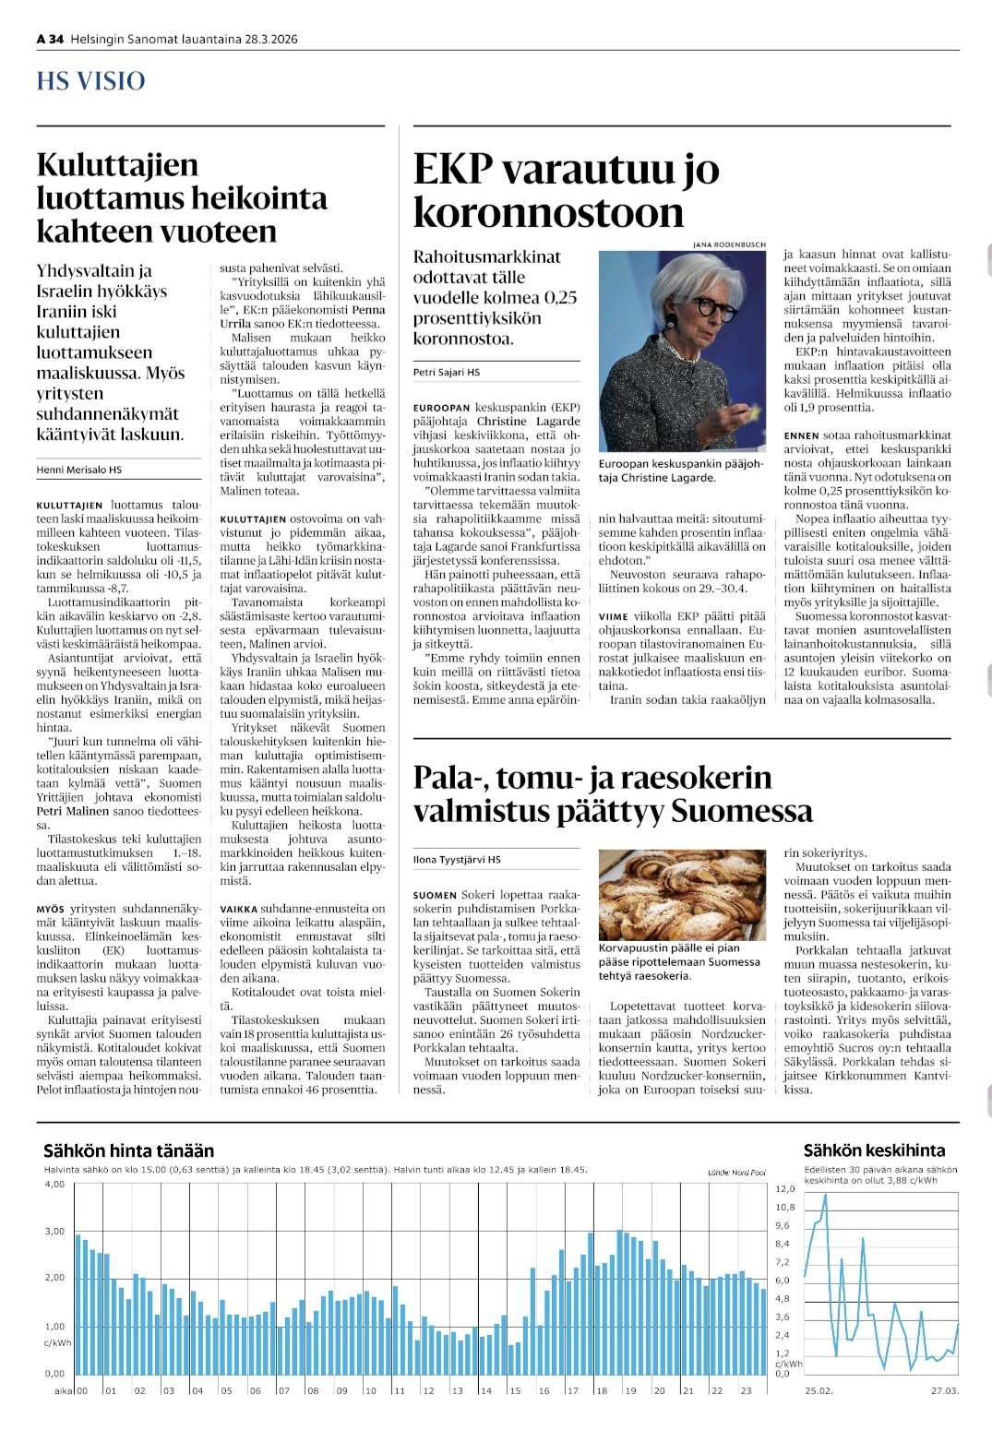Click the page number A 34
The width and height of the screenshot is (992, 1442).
pyautogui.click(x=50, y=39)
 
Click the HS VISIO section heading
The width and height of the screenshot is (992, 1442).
pyautogui.click(x=90, y=81)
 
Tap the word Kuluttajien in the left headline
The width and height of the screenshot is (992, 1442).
pyautogui.click(x=117, y=165)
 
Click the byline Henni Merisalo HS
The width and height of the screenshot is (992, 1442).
pyautogui.click(x=79, y=470)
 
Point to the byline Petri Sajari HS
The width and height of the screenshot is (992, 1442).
pyautogui.click(x=447, y=372)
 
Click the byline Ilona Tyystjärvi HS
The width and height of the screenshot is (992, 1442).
pyautogui.click(x=457, y=859)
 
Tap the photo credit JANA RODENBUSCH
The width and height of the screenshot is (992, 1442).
pyautogui.click(x=729, y=244)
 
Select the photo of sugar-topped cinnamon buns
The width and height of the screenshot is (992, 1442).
pyautogui.click(x=682, y=894)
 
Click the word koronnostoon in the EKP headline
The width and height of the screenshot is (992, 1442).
pyautogui.click(x=548, y=212)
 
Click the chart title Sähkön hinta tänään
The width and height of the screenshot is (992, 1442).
pyautogui.click(x=128, y=1150)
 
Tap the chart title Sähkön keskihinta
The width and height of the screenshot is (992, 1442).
pyautogui.click(x=874, y=1150)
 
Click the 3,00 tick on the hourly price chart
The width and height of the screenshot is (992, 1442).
pyautogui.click(x=54, y=1231)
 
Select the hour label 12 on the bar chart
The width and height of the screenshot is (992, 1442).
pyautogui.click(x=428, y=1390)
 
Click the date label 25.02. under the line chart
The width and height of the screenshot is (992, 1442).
pyautogui.click(x=818, y=1390)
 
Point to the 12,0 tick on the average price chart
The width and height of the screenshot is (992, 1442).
pyautogui.click(x=784, y=1188)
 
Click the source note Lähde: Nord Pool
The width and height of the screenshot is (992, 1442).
pyautogui.click(x=736, y=1172)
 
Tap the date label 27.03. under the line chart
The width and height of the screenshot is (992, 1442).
pyautogui.click(x=944, y=1390)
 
